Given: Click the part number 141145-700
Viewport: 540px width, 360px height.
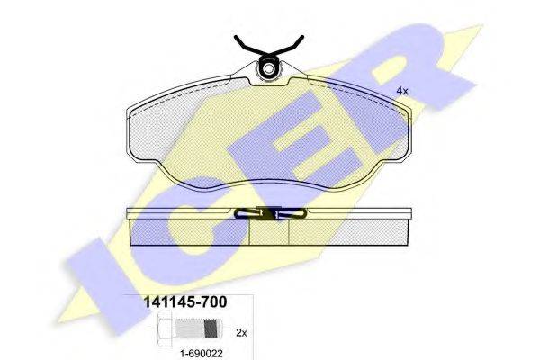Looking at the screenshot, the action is coord(184,302).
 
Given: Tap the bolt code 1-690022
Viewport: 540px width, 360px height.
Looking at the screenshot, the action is coord(202,353).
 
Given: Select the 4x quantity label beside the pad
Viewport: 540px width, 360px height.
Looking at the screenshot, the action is coord(402,91).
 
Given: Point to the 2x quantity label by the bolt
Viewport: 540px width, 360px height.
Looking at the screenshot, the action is coord(242,333).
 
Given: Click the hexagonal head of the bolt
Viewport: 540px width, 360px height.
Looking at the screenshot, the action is coord(165,329).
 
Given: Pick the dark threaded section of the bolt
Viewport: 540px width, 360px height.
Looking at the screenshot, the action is coord(211,328).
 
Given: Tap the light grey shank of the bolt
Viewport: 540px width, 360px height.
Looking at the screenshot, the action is coord(190,328).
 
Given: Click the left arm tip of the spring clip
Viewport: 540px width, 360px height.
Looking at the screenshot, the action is coord(236,37).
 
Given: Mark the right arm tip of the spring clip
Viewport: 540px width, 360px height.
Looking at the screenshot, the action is coord(302,37).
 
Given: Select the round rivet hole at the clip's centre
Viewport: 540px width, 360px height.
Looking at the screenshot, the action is coord(268,69).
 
